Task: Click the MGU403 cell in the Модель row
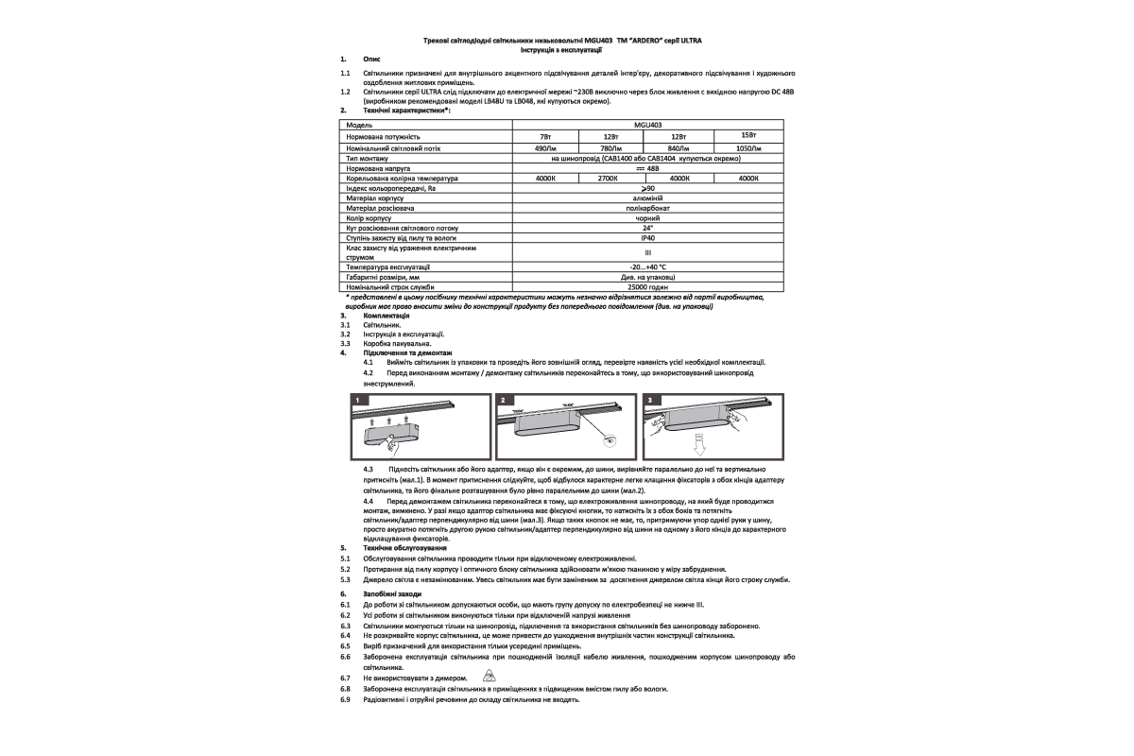647,124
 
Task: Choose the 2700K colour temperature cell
610,178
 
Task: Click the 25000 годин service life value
647,286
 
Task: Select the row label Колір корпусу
369,218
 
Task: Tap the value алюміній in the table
647,198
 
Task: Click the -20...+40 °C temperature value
647,268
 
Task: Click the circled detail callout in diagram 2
610,440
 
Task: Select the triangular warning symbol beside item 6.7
488,677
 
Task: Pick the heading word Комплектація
387,315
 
